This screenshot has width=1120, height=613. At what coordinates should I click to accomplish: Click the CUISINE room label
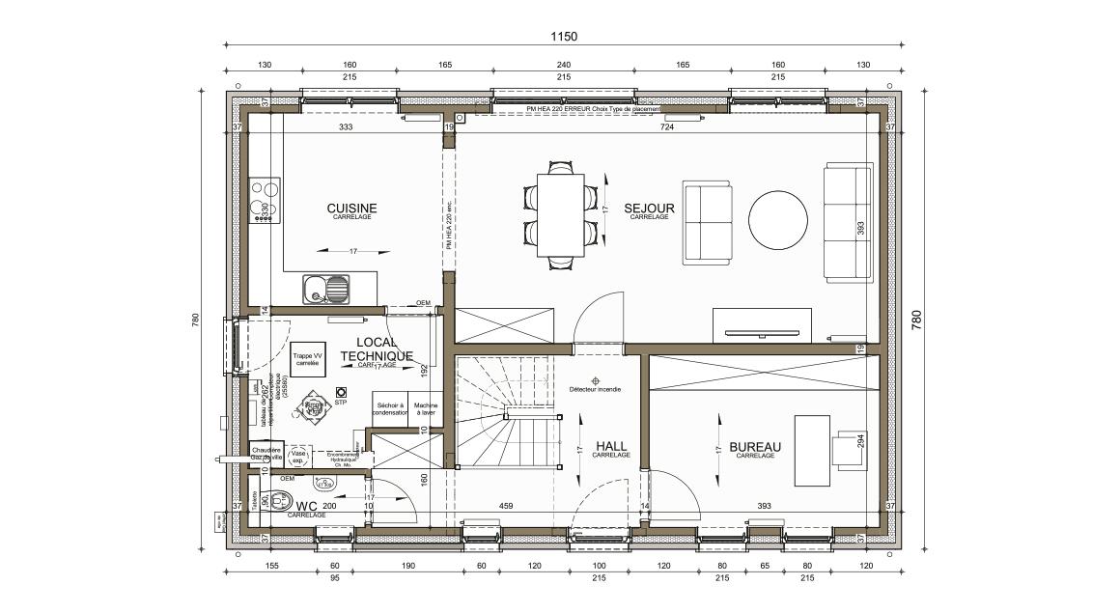pos(351,209)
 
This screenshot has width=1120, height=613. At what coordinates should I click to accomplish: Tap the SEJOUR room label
pos(649,209)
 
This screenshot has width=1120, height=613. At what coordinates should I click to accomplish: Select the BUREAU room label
pos(755,447)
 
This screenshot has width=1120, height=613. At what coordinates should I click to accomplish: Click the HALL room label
pos(611,446)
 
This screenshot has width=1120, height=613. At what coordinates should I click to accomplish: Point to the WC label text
pos(307,506)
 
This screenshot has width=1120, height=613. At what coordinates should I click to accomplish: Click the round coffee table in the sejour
pos(778,218)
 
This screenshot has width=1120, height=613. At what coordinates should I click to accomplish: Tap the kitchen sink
pos(326,288)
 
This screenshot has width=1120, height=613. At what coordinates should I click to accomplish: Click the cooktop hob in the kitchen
pos(265,201)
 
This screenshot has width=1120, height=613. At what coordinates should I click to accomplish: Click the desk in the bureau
pos(812,450)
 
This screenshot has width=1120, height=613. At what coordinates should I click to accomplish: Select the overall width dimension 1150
pos(564,37)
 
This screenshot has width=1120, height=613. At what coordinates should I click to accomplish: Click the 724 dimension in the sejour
pos(666,127)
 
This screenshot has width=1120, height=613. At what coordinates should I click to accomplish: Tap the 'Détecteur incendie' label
pos(595,389)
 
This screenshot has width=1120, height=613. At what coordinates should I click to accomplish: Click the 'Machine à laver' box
pos(424,409)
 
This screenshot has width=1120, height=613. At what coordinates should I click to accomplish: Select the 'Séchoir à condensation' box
pos(390,409)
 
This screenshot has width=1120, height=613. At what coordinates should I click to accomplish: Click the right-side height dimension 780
pos(916,320)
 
